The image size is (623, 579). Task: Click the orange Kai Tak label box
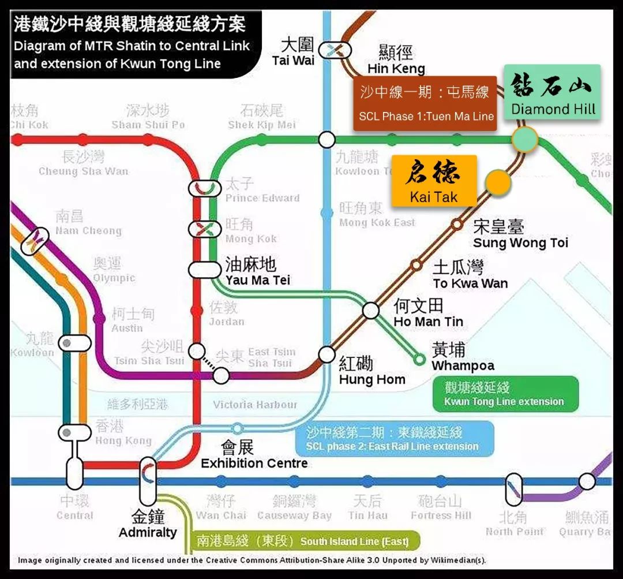coord(434,181)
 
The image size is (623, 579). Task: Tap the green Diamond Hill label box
coord(553,92)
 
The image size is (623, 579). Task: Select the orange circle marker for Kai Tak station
coord(497,182)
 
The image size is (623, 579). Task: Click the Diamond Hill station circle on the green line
coord(525,139)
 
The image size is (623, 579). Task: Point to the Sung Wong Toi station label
coord(520,234)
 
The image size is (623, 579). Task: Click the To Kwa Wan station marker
coord(416,265)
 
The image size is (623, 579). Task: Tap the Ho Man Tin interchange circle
coord(371,311)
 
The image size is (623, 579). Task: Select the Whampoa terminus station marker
coord(420,360)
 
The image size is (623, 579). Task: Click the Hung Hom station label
coord(371,371)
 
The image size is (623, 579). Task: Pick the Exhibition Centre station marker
coord(237,428)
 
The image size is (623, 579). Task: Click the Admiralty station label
coord(148,524)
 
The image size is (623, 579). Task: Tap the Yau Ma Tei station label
coord(257,272)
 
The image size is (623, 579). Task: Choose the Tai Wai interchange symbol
coord(335,50)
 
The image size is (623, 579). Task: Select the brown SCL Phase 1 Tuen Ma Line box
coord(425,103)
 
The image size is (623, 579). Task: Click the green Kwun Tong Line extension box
coord(505,394)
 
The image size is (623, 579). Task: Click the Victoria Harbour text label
coord(254,404)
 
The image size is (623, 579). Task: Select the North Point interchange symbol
coord(513,489)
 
